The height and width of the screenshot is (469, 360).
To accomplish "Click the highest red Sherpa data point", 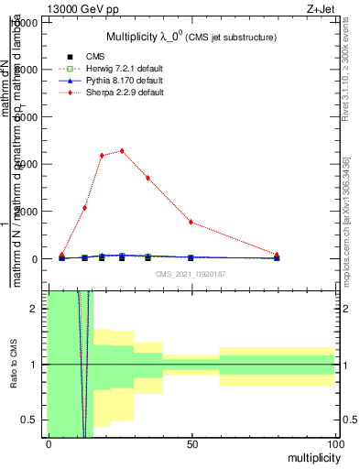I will (x=122, y=151).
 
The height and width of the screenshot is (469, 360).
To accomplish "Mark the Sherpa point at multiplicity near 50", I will (x=191, y=222).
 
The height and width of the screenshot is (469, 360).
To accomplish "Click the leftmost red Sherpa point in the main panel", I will (x=61, y=256).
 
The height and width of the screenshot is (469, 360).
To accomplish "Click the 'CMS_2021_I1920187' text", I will (x=191, y=274).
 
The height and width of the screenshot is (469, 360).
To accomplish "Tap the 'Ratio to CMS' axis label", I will (x=14, y=364).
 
